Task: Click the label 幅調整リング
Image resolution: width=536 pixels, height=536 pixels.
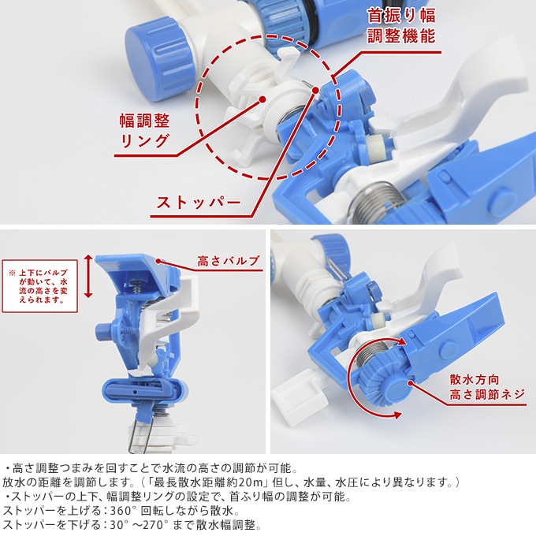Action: (144, 130)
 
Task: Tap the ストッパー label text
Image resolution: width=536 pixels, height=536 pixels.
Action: (199, 203)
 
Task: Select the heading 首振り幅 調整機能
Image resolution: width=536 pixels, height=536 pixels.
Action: (401, 26)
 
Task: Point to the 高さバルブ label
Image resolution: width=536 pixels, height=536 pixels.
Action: (228, 261)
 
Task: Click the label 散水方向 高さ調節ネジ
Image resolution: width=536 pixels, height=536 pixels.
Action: (486, 386)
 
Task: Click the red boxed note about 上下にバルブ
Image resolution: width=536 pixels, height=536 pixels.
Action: (40, 286)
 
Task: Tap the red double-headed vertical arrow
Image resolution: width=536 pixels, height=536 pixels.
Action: (88, 276)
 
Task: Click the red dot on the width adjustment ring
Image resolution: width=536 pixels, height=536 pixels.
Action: (262, 99)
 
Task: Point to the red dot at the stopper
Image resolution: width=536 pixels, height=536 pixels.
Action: (316, 90)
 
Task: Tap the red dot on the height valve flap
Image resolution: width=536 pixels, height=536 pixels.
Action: (158, 261)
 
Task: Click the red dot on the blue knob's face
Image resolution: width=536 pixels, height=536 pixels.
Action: (410, 382)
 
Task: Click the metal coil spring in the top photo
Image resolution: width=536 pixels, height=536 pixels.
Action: (374, 203)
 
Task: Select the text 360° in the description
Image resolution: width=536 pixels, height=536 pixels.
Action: (121, 511)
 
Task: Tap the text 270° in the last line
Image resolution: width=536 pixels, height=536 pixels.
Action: (157, 525)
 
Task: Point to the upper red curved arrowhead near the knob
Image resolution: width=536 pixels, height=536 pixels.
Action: (400, 341)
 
